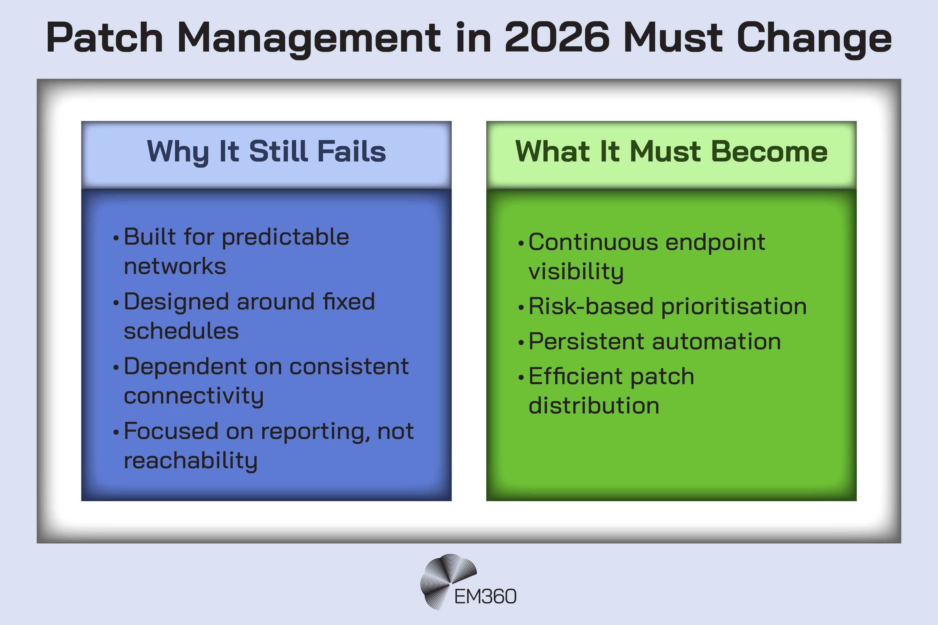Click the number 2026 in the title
(557, 38)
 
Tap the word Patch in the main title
(104, 38)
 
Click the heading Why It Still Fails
(266, 152)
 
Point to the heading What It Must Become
(671, 152)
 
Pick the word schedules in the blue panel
(181, 331)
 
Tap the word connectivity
(194, 396)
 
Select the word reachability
(191, 461)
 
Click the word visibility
(576, 272)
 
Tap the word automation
(716, 342)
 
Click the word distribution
(594, 406)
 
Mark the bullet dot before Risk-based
(521, 308)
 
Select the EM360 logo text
(485, 597)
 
